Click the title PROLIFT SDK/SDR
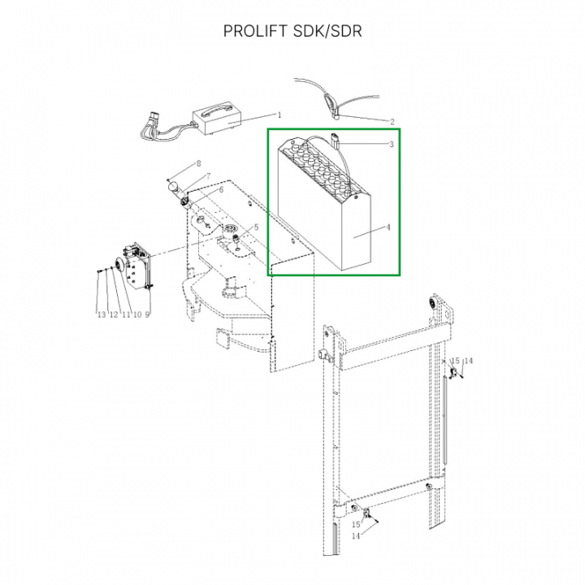coord(292,31)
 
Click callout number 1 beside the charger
coord(279,115)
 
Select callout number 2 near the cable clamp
coord(392,122)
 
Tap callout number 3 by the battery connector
coord(392,144)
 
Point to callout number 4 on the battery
coord(388,227)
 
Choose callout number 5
coord(256,227)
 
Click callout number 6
coord(221,190)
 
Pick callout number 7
coord(209,175)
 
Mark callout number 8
coord(198,163)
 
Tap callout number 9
coord(147,314)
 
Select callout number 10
coord(137,314)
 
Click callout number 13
coord(102,314)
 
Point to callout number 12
coord(114,314)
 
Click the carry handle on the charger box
coord(214,109)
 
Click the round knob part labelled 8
coord(174,185)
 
